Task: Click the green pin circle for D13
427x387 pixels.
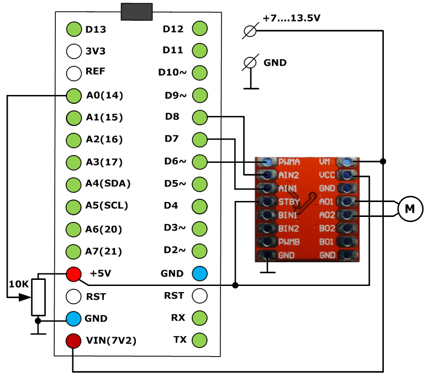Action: point(73,29)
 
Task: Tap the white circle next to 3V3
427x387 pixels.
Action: point(73,51)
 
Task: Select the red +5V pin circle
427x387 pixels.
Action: point(73,273)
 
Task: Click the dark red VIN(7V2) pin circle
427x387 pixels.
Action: point(73,340)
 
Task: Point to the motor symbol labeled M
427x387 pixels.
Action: point(410,209)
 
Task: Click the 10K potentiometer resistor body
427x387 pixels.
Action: point(38,296)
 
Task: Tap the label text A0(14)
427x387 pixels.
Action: point(104,96)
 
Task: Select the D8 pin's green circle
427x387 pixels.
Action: point(200,117)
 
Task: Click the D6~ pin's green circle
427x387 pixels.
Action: point(200,162)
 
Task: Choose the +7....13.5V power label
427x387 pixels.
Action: point(292,18)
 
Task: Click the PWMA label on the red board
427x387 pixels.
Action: point(289,163)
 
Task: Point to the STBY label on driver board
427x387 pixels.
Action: point(289,201)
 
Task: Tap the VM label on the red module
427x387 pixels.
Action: point(325,162)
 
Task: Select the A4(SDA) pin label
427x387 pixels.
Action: point(108,184)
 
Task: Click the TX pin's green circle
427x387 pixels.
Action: point(200,340)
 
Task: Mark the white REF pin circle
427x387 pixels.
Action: point(73,73)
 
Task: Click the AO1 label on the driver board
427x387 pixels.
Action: point(326,201)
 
